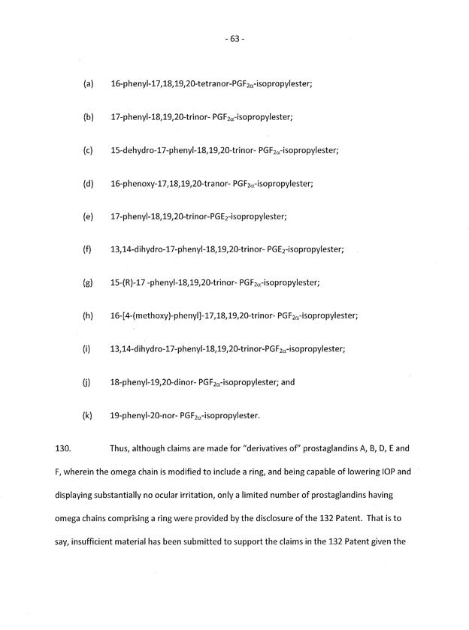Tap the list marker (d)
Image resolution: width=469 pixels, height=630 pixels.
click(x=87, y=183)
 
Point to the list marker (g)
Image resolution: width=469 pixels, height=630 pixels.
click(x=87, y=283)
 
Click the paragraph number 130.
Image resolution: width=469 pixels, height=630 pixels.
click(x=62, y=448)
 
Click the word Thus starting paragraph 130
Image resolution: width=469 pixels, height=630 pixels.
click(x=123, y=448)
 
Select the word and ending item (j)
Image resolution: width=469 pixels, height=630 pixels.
click(x=288, y=381)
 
